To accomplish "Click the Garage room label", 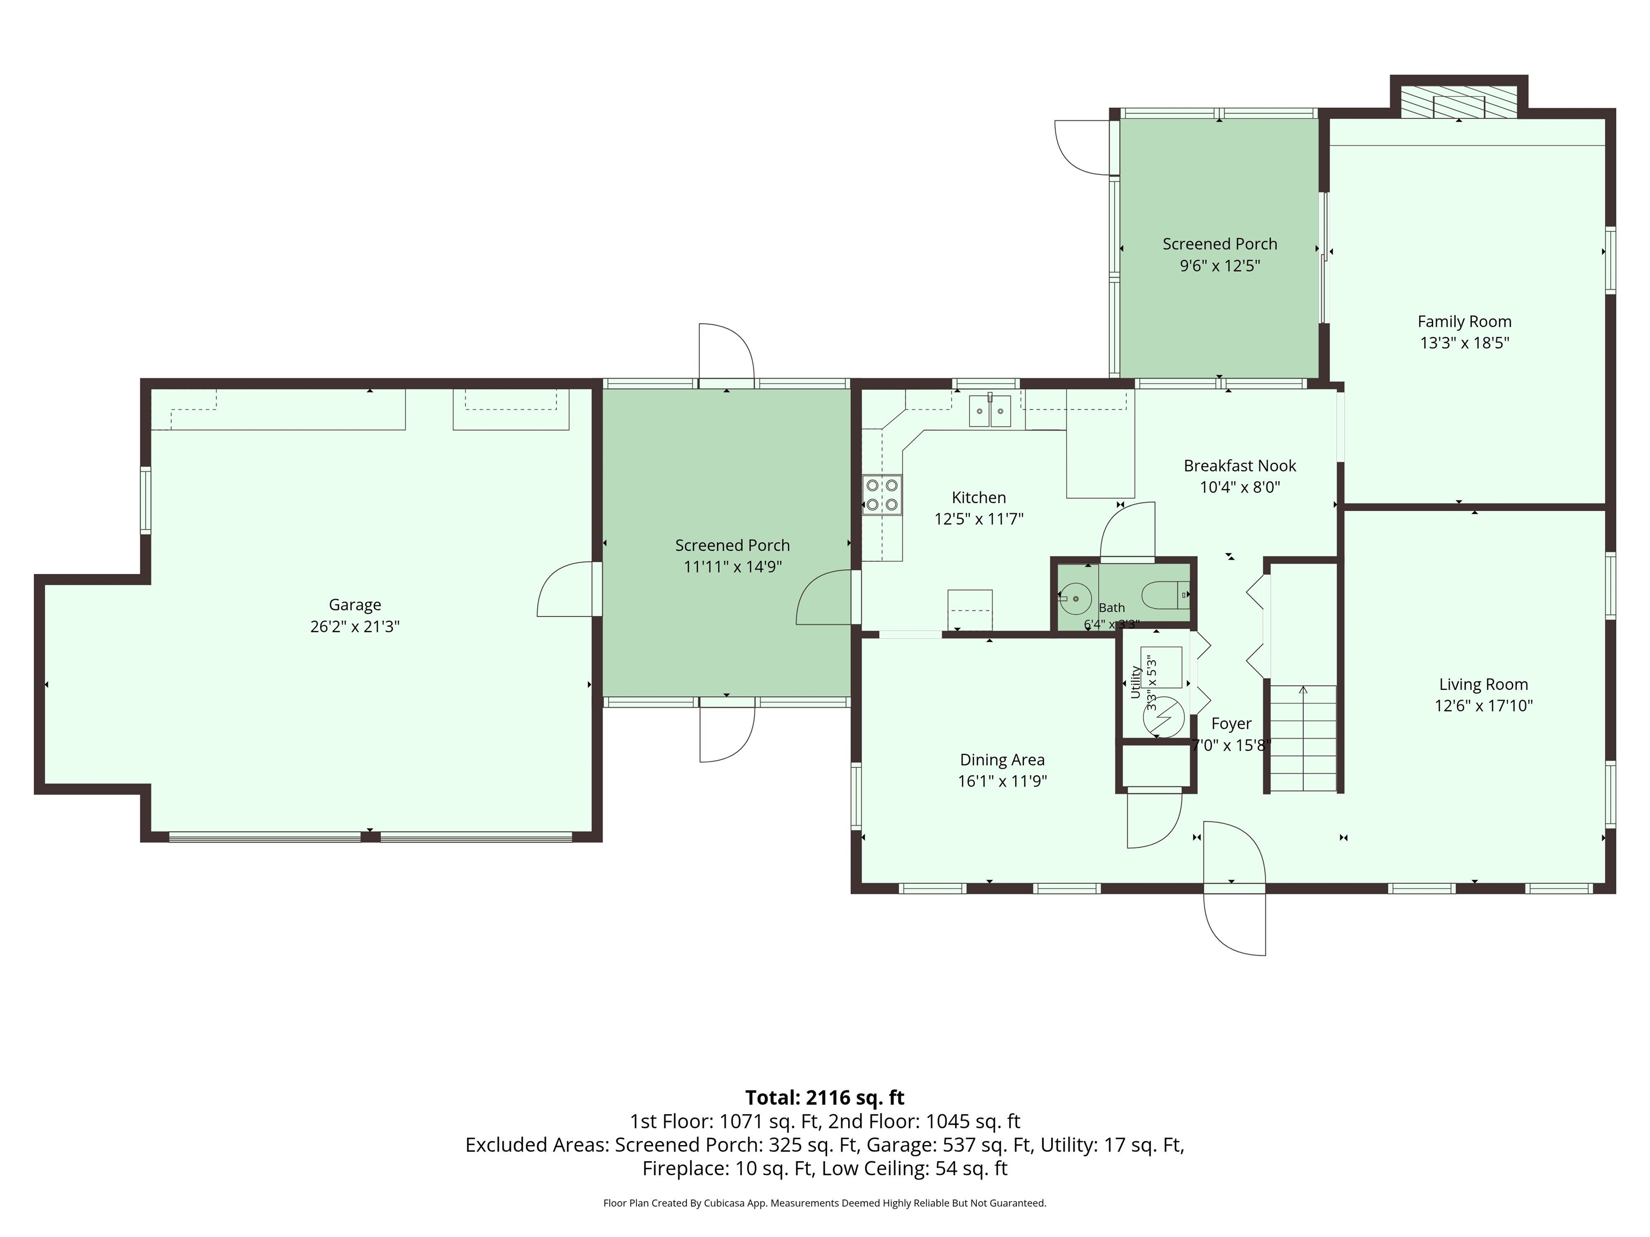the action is click(x=355, y=605).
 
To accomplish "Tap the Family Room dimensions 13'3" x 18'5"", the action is click(x=1464, y=343).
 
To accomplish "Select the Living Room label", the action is click(x=1483, y=685).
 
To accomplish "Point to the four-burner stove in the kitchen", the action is click(x=882, y=495).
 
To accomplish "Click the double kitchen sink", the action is click(x=990, y=410).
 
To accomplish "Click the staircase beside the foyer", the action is click(x=1303, y=738).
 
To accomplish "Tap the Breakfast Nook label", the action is click(x=1240, y=466).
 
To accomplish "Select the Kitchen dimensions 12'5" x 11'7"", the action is click(x=979, y=519).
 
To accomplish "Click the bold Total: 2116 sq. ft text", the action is click(x=824, y=1097).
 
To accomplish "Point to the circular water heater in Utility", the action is click(x=1163, y=716).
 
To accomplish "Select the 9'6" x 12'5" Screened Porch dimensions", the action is click(x=1220, y=265).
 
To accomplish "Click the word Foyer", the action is click(x=1231, y=723).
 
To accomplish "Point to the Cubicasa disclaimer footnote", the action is click(x=824, y=1203).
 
